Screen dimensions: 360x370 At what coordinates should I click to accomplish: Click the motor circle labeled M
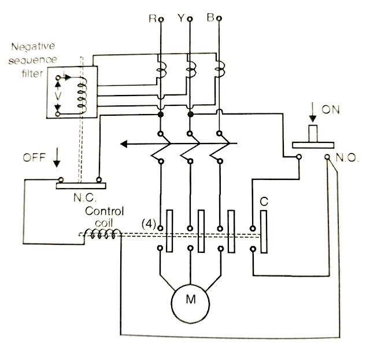[190, 299]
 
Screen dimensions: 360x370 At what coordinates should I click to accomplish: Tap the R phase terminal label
[153, 19]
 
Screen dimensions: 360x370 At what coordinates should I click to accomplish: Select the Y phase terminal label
[180, 19]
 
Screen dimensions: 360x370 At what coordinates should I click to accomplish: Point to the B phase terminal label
[210, 19]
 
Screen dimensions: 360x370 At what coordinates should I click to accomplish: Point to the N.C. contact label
[82, 197]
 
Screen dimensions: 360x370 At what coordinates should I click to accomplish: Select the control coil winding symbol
[101, 234]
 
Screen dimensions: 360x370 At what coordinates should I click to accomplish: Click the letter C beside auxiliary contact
[264, 201]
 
